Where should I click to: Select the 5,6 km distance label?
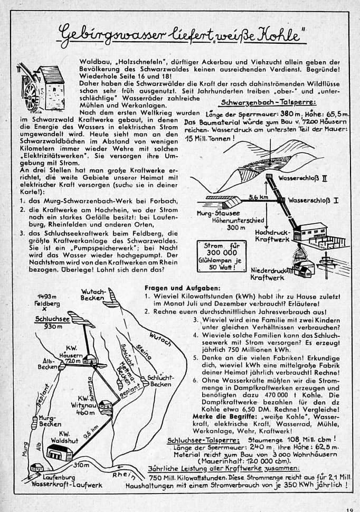pyautogui.click(x=259, y=197)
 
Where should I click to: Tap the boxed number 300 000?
pyautogui.click(x=221, y=252)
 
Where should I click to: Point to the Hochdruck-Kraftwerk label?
pyautogui.click(x=273, y=236)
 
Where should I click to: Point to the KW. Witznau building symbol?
pyautogui.click(x=105, y=405)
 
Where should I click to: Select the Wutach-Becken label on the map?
pyautogui.click(x=94, y=295)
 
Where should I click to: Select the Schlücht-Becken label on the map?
pyautogui.click(x=160, y=381)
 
